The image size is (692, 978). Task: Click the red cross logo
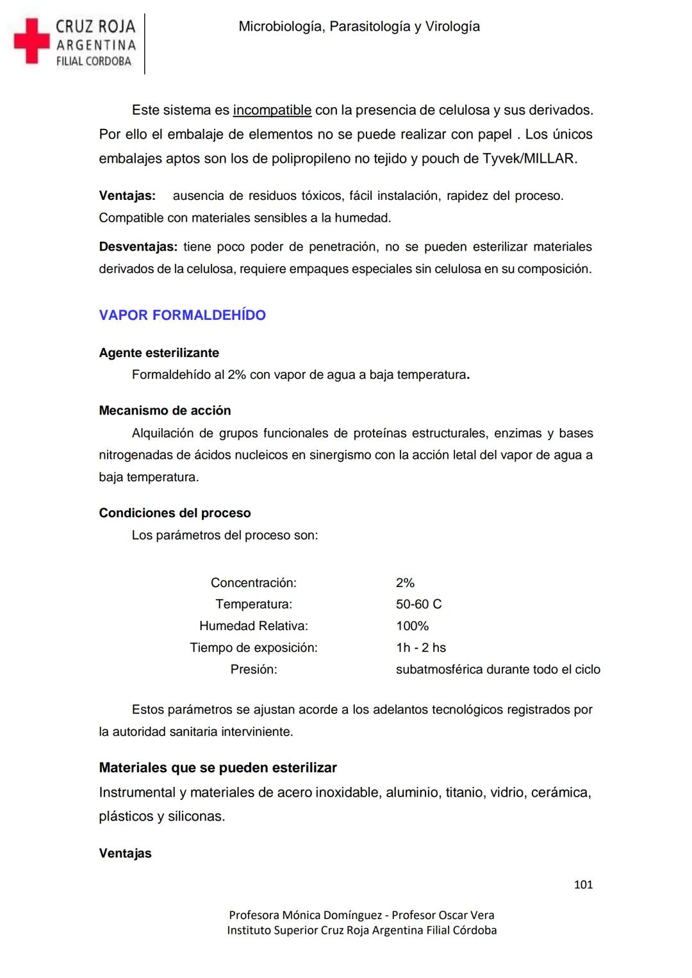pyautogui.click(x=31, y=41)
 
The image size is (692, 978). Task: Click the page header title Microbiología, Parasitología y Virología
pyautogui.click(x=359, y=26)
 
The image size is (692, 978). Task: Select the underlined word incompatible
pyautogui.click(x=272, y=110)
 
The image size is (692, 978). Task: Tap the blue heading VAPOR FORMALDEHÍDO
pyautogui.click(x=182, y=315)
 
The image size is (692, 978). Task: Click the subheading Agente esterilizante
pyautogui.click(x=159, y=353)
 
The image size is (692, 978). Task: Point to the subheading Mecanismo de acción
pyautogui.click(x=165, y=411)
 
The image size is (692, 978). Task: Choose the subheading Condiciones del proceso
pyautogui.click(x=174, y=513)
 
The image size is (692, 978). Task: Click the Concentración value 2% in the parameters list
pyautogui.click(x=405, y=583)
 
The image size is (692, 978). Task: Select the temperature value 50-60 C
pyautogui.click(x=418, y=604)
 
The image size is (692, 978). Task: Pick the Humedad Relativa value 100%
pyautogui.click(x=412, y=626)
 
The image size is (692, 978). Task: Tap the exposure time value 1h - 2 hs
pyautogui.click(x=420, y=648)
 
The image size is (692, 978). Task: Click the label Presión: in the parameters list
pyautogui.click(x=254, y=670)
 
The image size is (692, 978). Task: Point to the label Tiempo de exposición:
pyautogui.click(x=254, y=648)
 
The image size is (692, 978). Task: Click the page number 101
pyautogui.click(x=583, y=885)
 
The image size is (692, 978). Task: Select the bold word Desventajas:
pyautogui.click(x=138, y=247)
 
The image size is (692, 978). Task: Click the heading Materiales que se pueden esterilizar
pyautogui.click(x=217, y=768)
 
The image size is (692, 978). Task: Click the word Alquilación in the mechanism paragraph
pyautogui.click(x=161, y=433)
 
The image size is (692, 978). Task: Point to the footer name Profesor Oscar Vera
pyautogui.click(x=443, y=915)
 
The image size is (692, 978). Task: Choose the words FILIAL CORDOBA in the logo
pyautogui.click(x=94, y=62)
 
